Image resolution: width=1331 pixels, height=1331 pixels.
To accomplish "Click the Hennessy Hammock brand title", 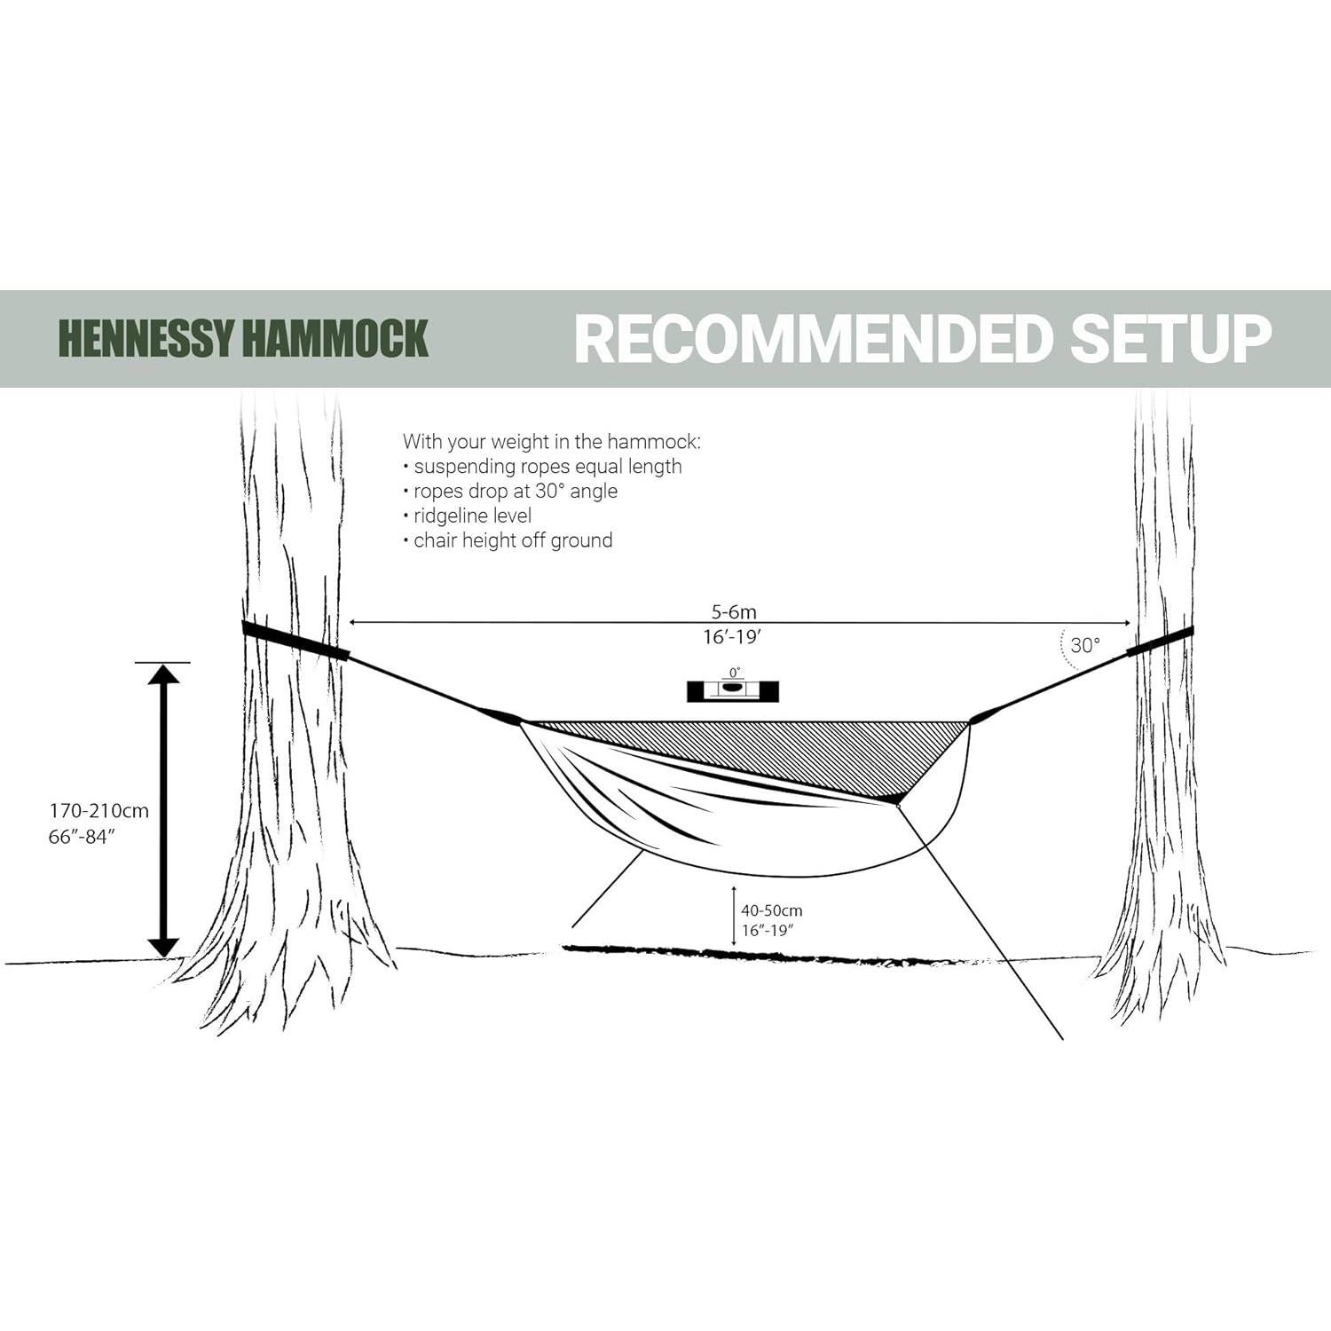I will tap(243, 338).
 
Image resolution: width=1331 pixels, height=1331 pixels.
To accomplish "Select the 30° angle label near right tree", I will tap(1084, 645).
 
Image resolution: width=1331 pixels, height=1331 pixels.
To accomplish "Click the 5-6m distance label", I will tap(734, 611).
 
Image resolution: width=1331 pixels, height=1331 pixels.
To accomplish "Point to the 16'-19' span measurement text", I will tap(733, 636).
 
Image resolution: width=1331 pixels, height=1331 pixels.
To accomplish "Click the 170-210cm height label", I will tap(98, 810).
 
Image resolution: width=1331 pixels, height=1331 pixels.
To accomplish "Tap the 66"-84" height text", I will tap(83, 836).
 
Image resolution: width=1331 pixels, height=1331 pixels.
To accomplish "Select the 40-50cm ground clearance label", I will tap(772, 910).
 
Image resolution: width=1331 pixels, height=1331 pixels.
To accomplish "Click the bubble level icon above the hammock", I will tap(733, 690).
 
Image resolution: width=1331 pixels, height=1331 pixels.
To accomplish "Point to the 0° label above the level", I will tap(734, 673).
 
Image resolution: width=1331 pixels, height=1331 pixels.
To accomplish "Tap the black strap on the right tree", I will tap(1161, 642).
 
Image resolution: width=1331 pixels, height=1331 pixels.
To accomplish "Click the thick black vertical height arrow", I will tap(163, 809).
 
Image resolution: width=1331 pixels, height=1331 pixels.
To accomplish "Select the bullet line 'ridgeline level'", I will tap(472, 516).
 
